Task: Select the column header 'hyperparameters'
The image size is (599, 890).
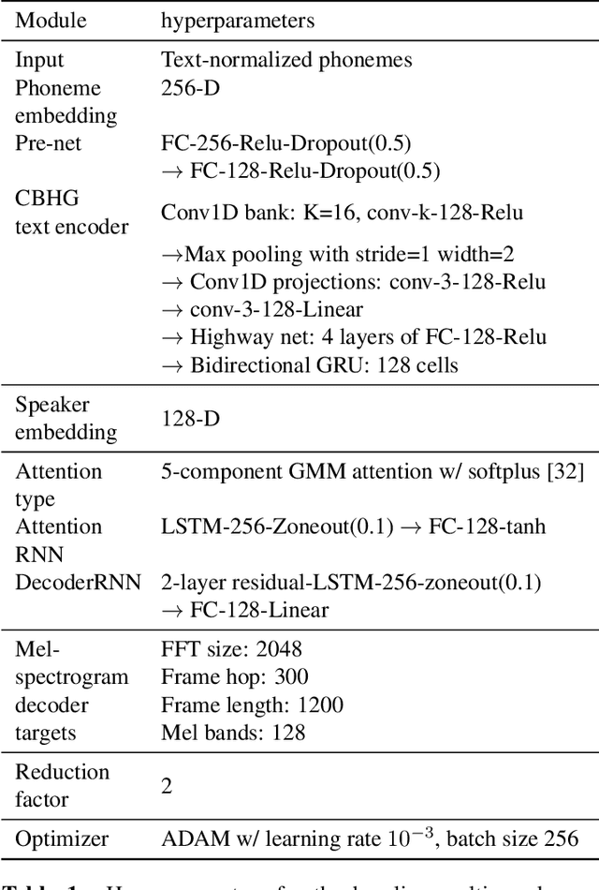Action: (x=238, y=21)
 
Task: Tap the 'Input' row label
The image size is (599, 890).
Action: (x=40, y=61)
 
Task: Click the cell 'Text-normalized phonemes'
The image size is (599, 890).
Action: (x=285, y=61)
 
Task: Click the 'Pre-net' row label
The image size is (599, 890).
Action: (x=49, y=144)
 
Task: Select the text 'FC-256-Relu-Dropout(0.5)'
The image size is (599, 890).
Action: (x=285, y=144)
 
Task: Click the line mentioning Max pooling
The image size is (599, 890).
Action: (x=338, y=254)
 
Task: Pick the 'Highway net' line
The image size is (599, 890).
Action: (x=354, y=336)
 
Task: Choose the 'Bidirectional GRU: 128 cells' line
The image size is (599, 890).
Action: (x=310, y=364)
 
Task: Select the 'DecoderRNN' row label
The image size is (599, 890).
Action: (x=78, y=583)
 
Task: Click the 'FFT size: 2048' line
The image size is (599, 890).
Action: (x=231, y=649)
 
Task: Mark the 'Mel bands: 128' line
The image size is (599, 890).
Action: (x=233, y=732)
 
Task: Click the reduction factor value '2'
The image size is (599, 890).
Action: (x=167, y=786)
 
